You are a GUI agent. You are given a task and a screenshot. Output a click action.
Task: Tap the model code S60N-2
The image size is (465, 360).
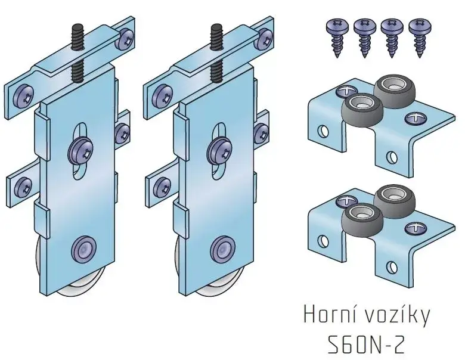366,345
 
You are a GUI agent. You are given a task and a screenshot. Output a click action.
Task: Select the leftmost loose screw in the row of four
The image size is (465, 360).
337,38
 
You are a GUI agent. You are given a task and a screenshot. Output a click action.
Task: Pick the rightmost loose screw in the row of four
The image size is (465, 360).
420,38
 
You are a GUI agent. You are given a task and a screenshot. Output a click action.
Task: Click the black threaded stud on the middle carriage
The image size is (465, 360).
216,54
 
